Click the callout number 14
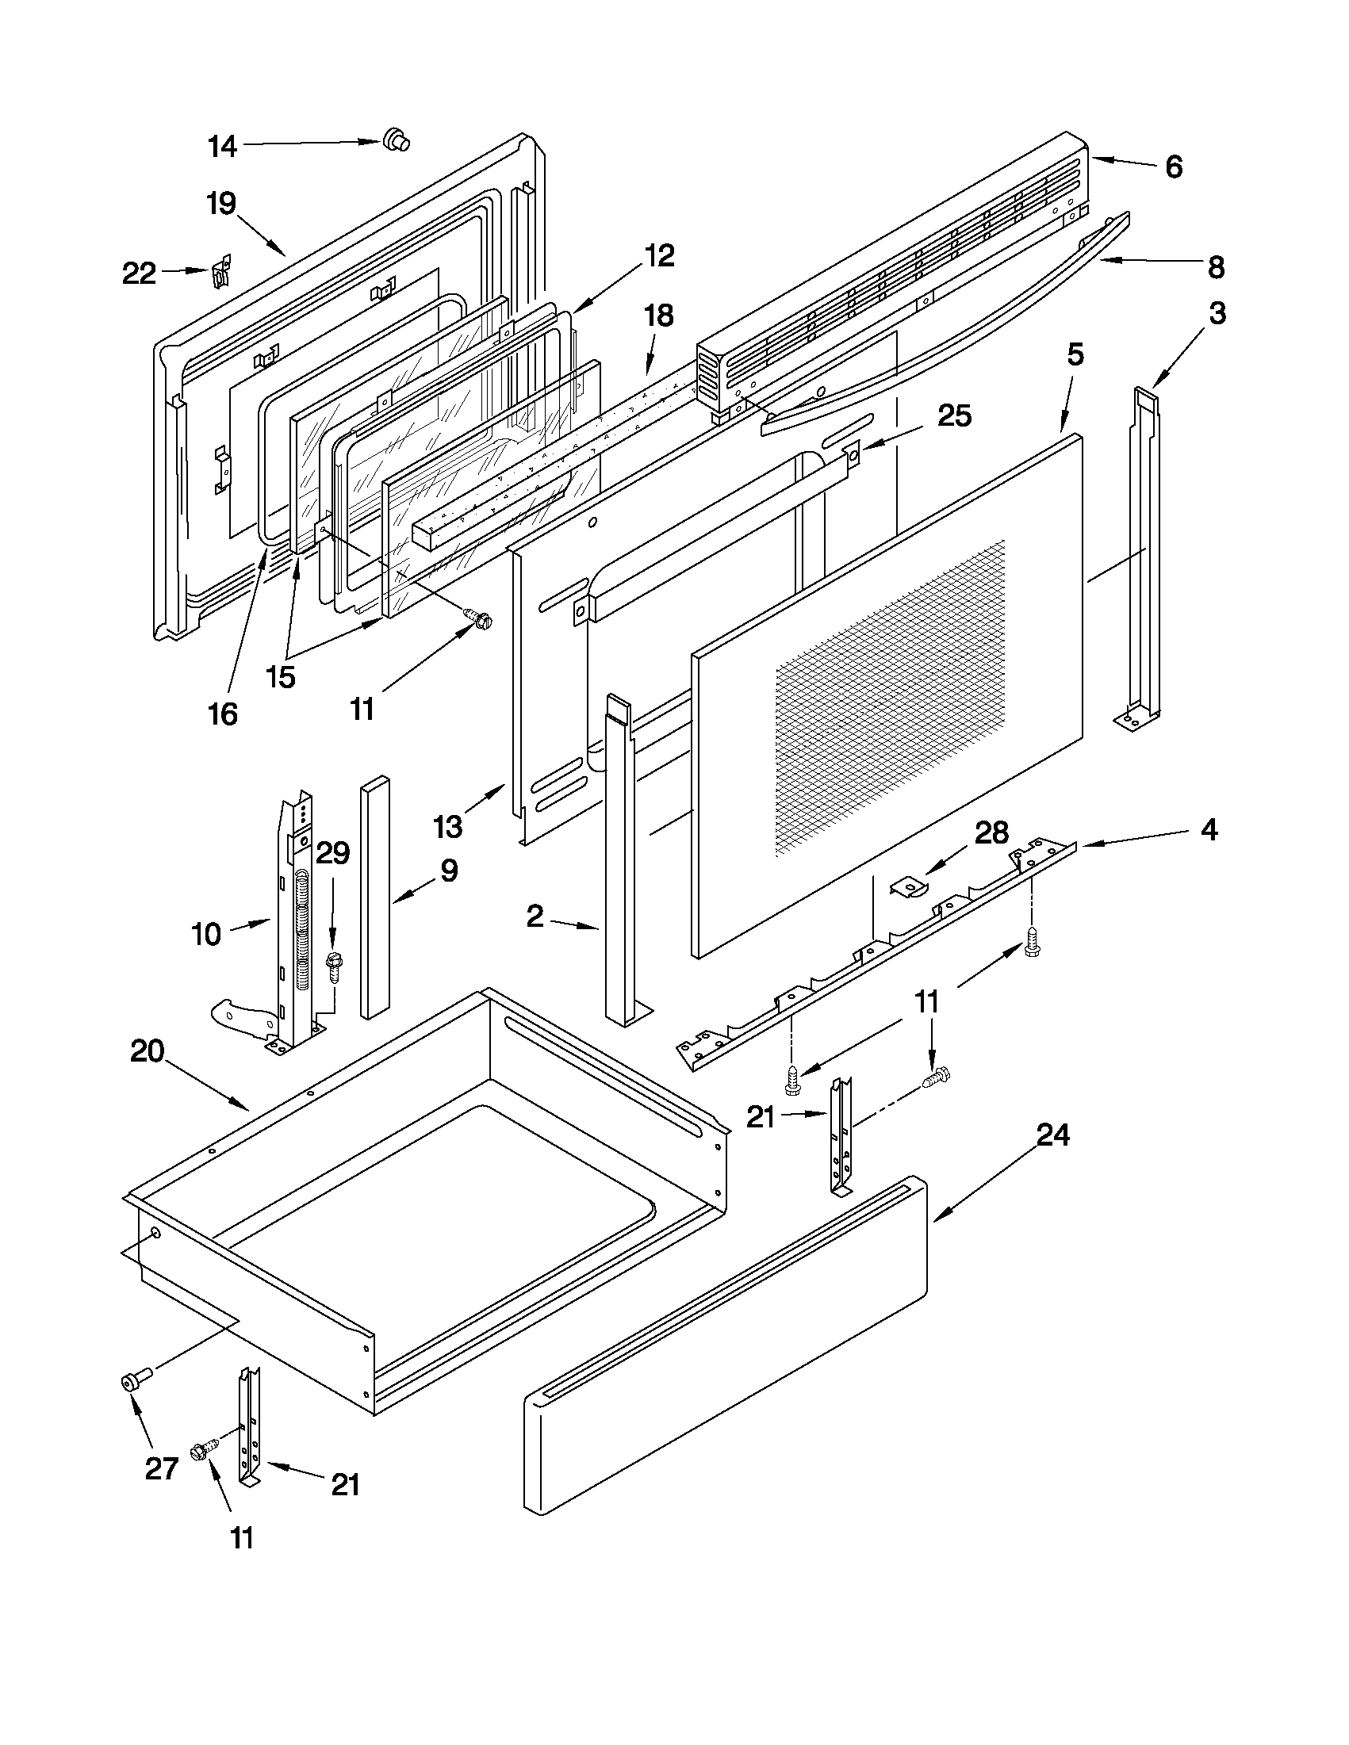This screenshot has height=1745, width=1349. tap(222, 146)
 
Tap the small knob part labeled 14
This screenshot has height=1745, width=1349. tap(395, 139)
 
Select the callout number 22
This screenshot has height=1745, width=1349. tap(139, 274)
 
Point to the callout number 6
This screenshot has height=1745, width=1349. tap(1173, 167)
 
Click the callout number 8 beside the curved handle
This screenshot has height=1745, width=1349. tap(1216, 268)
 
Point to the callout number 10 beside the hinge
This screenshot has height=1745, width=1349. tap(206, 933)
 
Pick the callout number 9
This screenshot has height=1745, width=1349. tap(449, 870)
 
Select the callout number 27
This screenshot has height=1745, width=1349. tap(161, 1468)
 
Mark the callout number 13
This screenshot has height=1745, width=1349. tap(448, 827)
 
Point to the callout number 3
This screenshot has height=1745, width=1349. tap(1216, 313)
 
